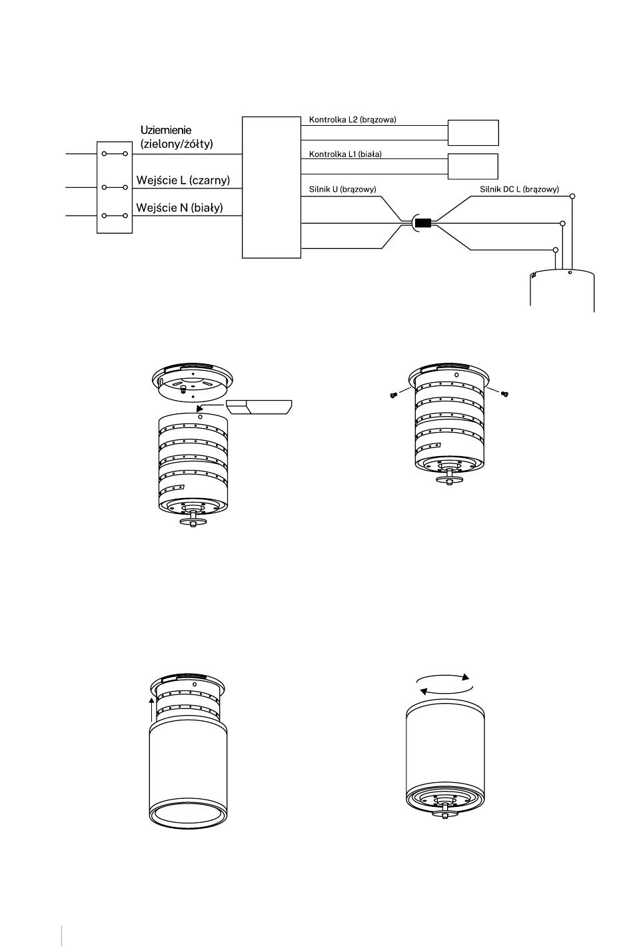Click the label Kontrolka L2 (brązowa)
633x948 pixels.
tap(352, 120)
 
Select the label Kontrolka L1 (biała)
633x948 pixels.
tap(345, 154)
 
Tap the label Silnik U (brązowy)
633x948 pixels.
tap(342, 189)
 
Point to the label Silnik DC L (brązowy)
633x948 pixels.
tap(519, 189)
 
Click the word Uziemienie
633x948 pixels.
tap(166, 130)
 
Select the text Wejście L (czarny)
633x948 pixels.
tap(183, 180)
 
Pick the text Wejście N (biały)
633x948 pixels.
tap(179, 208)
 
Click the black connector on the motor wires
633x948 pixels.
tap(422, 223)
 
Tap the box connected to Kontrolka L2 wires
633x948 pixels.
tap(473, 132)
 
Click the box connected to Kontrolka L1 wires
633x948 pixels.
tap(473, 166)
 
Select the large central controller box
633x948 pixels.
tap(271, 187)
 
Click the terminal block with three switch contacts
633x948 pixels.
tap(115, 188)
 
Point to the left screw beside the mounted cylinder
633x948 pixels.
tap(393, 395)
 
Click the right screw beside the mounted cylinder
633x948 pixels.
tap(504, 394)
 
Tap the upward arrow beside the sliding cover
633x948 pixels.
tap(151, 709)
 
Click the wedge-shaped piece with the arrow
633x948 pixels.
tap(259, 407)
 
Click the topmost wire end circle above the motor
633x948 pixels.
tap(572, 196)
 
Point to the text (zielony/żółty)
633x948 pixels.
tap(177, 144)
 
